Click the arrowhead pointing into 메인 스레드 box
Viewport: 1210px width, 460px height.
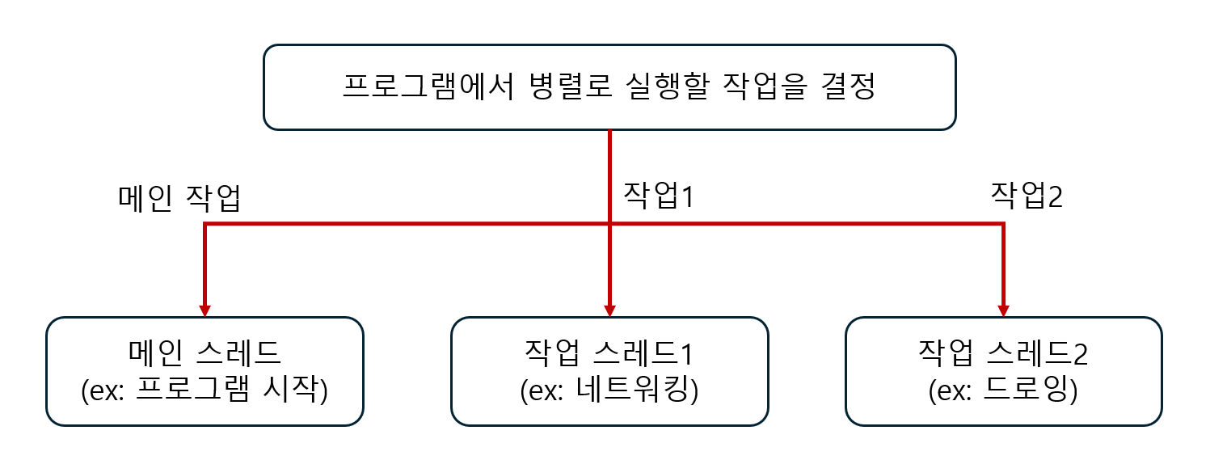pos(205,310)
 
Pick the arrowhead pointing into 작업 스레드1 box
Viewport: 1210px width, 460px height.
pos(609,310)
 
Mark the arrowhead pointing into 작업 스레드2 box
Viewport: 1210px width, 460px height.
pos(1003,310)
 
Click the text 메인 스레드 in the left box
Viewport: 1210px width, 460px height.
pos(204,352)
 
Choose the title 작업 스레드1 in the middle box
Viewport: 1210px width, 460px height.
pos(609,352)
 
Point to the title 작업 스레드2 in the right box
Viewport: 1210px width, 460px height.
pos(1004,352)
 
